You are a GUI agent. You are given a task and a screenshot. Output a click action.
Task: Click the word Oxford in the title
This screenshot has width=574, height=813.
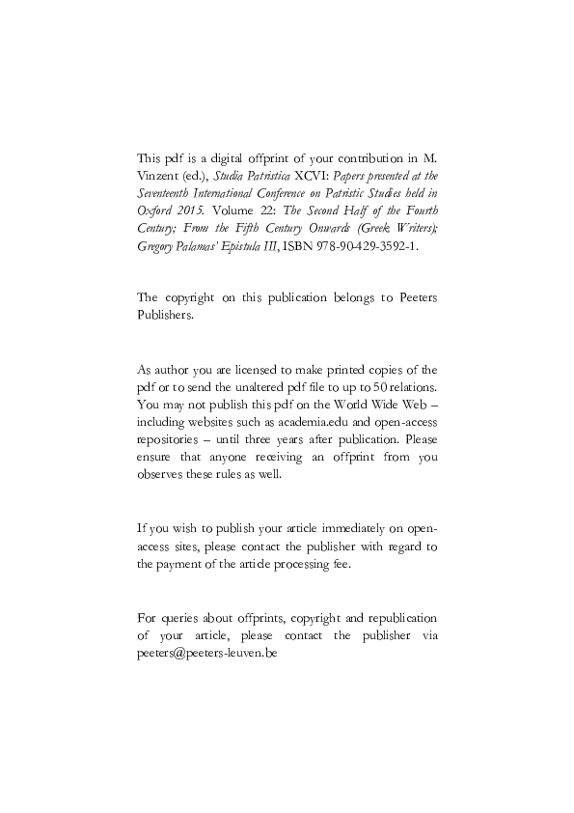pos(154,211)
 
